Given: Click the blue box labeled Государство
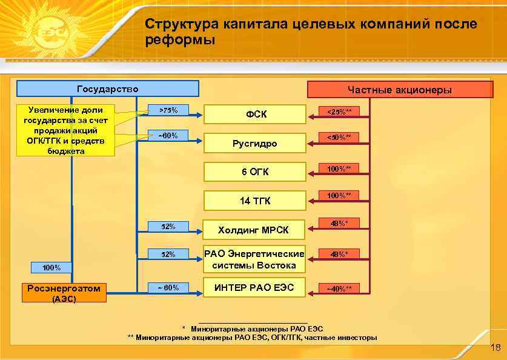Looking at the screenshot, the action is [x=108, y=89].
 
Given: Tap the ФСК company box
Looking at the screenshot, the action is [x=254, y=114].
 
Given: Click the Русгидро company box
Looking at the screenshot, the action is [x=254, y=143].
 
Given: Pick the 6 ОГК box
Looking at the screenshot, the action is [x=254, y=172].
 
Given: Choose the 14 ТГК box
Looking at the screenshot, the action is [x=254, y=201].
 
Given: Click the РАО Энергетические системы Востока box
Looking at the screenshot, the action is [x=254, y=259].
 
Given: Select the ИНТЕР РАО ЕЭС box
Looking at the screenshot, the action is [x=254, y=287].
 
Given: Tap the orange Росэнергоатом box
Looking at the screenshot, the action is [x=64, y=288].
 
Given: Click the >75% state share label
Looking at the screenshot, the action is [x=168, y=110].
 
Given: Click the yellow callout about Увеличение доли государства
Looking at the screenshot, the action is [x=65, y=130].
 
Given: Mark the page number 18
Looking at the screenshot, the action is [x=495, y=347].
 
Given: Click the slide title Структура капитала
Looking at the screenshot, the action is [x=311, y=32].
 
